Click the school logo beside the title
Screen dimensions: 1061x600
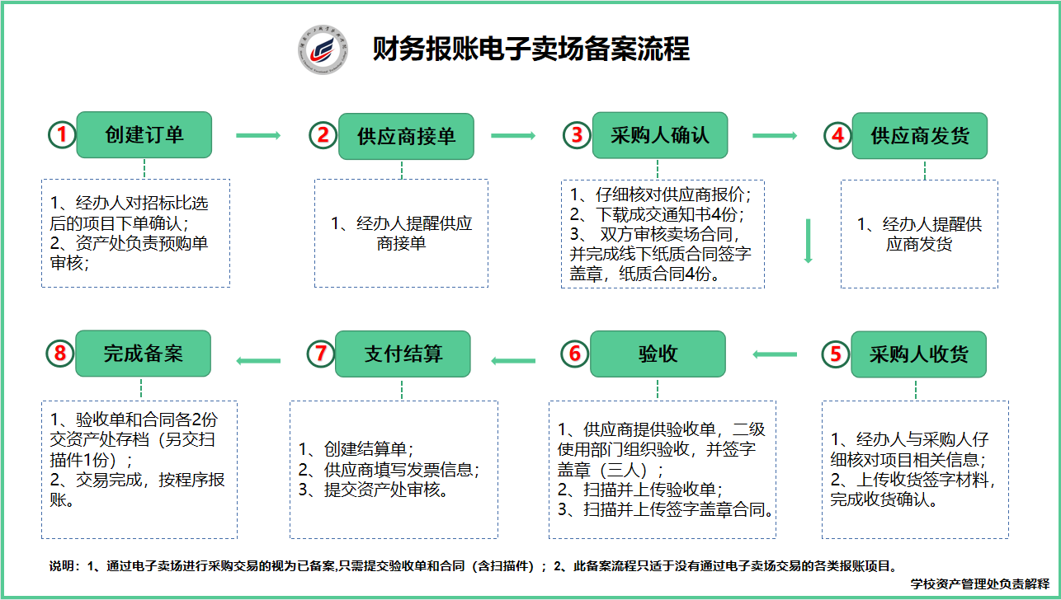[x=323, y=49]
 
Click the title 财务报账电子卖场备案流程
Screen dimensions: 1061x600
[x=531, y=49]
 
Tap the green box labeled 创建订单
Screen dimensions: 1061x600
[x=144, y=135]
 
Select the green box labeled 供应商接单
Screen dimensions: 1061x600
[x=406, y=136]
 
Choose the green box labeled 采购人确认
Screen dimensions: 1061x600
[x=660, y=135]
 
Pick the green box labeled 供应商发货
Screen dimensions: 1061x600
[x=919, y=136]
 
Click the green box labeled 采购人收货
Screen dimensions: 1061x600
[x=918, y=354]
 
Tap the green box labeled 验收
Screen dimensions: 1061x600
[x=658, y=354]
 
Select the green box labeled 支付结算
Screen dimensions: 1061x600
[x=403, y=354]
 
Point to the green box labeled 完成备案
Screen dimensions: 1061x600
[x=143, y=354]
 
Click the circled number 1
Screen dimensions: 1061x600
[x=62, y=134]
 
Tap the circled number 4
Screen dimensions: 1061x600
[x=838, y=135]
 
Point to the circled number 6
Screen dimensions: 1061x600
[x=575, y=354]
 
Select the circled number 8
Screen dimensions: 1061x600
[x=60, y=353]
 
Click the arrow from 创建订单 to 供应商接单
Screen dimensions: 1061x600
[x=258, y=136]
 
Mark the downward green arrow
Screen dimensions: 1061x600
[x=808, y=241]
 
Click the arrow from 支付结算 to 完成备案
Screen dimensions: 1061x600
[x=258, y=361]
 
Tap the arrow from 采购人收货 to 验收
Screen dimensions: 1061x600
[x=775, y=354]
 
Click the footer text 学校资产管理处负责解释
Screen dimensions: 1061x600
[x=979, y=584]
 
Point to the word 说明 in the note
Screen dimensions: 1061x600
[x=62, y=566]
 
